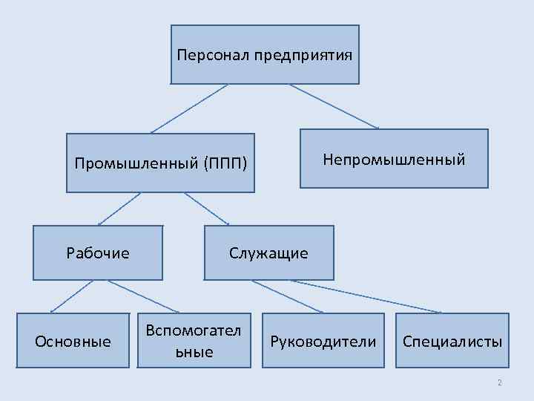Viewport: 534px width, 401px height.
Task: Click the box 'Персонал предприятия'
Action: click(x=265, y=54)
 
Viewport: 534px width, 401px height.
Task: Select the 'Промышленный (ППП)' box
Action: click(x=160, y=163)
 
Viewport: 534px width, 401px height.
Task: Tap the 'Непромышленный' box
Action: click(x=394, y=158)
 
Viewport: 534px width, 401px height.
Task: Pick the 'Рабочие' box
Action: click(x=98, y=252)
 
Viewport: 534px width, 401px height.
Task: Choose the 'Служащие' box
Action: click(x=268, y=253)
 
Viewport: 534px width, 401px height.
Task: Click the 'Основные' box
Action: click(x=73, y=341)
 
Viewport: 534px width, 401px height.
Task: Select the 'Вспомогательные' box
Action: click(x=194, y=341)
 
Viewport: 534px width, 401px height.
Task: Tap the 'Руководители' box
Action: click(x=323, y=341)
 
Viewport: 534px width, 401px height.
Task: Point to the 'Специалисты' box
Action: click(x=452, y=341)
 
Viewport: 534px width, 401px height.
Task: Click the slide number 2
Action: click(x=499, y=383)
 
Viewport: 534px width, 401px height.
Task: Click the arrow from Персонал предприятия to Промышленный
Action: click(x=189, y=108)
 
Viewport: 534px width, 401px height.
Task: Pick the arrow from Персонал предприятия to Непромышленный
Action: click(x=334, y=106)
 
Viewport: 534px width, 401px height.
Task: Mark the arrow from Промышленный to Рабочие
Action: click(x=119, y=209)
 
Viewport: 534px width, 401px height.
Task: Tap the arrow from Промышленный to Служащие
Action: click(x=207, y=209)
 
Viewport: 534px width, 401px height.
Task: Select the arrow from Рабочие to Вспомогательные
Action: click(x=142, y=296)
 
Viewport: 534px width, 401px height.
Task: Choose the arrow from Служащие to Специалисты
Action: click(x=366, y=296)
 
